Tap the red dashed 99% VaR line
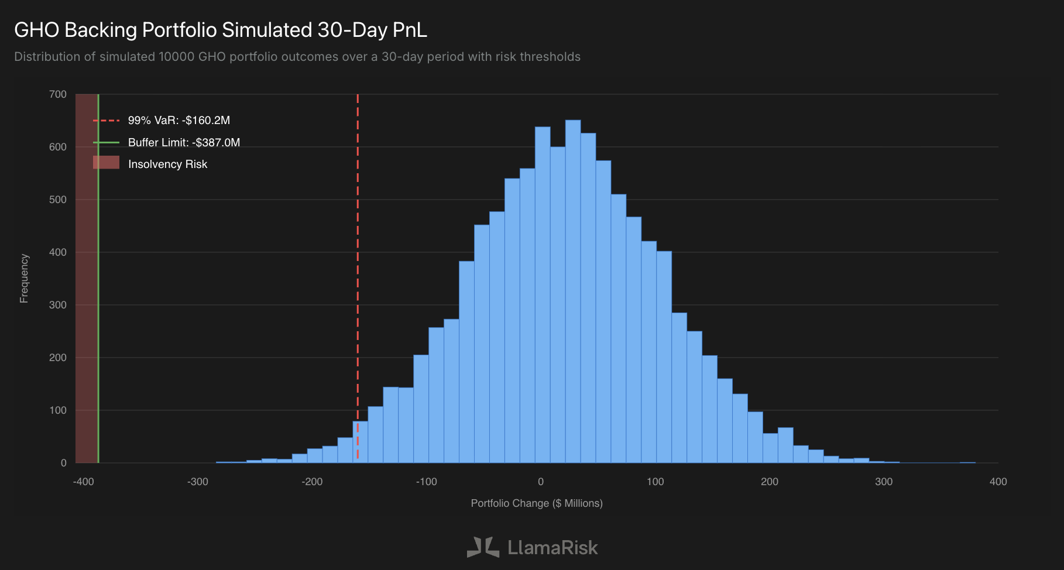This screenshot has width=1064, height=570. pos(358,263)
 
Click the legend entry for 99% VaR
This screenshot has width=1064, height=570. pos(179,121)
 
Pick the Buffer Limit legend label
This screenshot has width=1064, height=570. pos(184,143)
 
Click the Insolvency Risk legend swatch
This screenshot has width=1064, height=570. pos(106,163)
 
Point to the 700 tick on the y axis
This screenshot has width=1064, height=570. pos(58,94)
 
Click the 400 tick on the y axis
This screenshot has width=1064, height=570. pos(58,252)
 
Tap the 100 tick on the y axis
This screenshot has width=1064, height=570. pos(58,410)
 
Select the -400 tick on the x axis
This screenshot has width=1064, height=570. pos(83,482)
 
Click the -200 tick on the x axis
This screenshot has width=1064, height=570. pos(312,482)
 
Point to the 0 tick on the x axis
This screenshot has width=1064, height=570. pos(541,482)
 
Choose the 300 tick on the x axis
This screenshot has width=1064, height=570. pos(884,482)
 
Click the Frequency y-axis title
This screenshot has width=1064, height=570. pos(24,279)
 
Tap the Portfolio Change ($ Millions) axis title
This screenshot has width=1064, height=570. pos(537,503)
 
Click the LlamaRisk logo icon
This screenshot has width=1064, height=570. pos(483,547)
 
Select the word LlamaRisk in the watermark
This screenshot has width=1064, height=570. pos(552,548)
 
